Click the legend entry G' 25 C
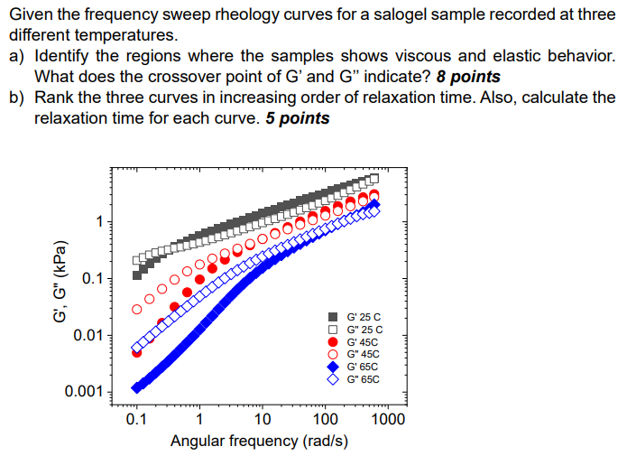coord(357,317)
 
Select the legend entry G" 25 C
coord(357,330)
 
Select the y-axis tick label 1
coord(102,222)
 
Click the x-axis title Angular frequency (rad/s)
coord(259,441)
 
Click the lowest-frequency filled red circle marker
coord(137,352)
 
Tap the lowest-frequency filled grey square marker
coord(137,275)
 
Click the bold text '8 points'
coord(468,77)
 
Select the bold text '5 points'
coord(298,118)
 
